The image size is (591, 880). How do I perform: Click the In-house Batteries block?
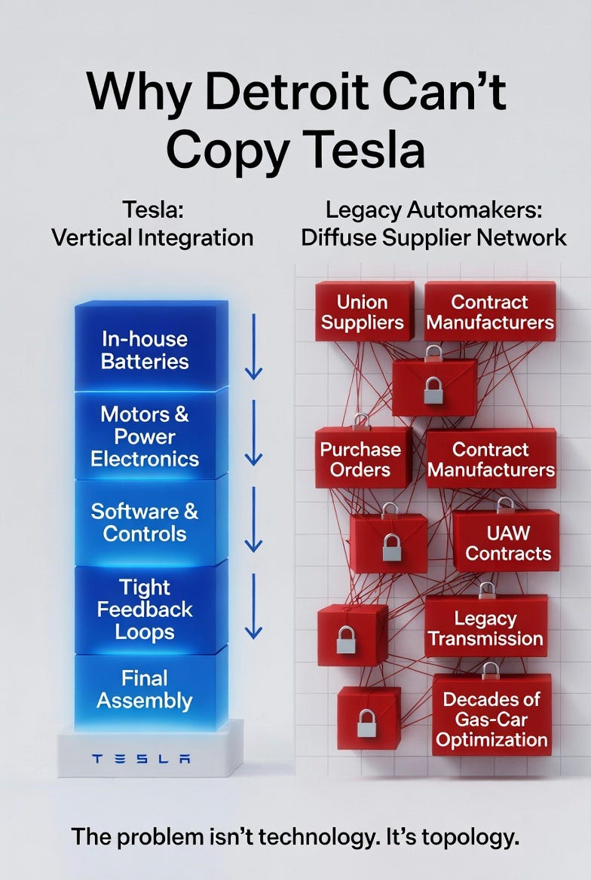point(145,350)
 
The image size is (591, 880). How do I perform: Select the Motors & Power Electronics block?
point(145,436)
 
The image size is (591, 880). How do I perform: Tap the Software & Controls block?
point(145,522)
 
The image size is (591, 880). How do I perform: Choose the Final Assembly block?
point(145,690)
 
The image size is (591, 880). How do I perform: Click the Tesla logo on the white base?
point(141,759)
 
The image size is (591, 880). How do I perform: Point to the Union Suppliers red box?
point(363,312)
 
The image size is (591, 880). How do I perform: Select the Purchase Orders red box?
point(360,459)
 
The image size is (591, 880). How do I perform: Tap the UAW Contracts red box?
point(507,542)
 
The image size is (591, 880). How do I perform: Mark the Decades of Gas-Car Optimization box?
point(491,719)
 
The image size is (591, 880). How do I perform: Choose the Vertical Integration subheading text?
point(152,238)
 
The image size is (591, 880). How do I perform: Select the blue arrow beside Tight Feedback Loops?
point(253,607)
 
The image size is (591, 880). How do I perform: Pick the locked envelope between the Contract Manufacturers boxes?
point(433,386)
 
